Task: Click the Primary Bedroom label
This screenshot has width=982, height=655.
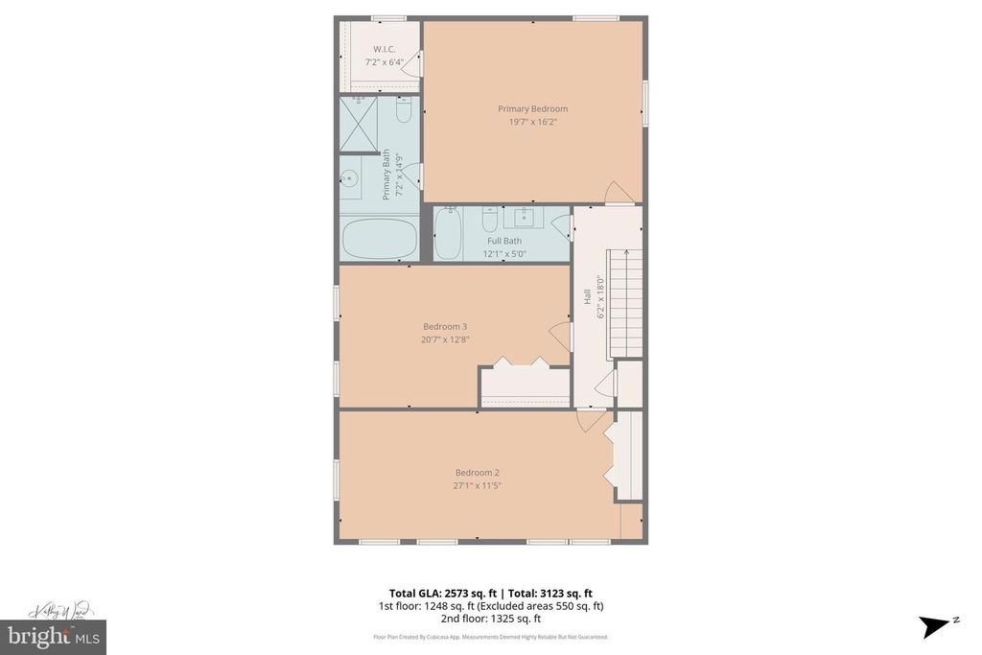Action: point(532,108)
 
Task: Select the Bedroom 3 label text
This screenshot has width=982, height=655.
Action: point(445,326)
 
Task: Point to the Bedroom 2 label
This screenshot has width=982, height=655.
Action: point(477,472)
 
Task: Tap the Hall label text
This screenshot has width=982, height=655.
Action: point(587,298)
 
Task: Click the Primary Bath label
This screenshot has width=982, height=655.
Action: point(386,174)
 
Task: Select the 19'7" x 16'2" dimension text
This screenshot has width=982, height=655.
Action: point(532,122)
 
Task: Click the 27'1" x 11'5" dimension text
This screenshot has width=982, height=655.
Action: point(477,485)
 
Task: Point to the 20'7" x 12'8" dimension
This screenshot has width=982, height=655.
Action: point(445,339)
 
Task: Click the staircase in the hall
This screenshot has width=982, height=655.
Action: point(624,302)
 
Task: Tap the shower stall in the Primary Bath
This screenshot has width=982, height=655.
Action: point(359,125)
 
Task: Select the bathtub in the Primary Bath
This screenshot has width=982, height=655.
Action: point(378,239)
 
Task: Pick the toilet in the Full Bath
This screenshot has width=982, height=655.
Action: point(487,219)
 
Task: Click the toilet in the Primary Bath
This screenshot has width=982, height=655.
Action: point(404,113)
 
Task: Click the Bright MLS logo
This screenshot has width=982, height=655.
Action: point(53,637)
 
